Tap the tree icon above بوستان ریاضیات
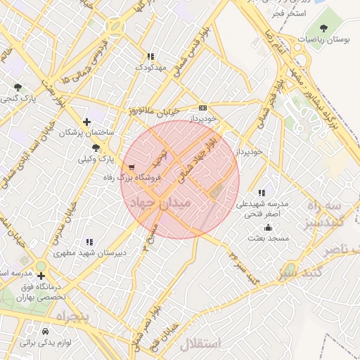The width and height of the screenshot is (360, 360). pyautogui.click(x=324, y=28)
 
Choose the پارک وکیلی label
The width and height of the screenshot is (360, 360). pyautogui.click(x=96, y=160)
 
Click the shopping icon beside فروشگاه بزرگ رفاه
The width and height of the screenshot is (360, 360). pyautogui.click(x=132, y=167)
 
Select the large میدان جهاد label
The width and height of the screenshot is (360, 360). pyautogui.click(x=161, y=205)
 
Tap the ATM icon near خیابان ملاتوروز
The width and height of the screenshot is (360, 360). pyautogui.click(x=202, y=108)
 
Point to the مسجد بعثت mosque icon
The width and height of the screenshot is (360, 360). pyautogui.click(x=268, y=227)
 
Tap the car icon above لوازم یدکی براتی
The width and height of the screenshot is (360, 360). pyautogui.click(x=46, y=331)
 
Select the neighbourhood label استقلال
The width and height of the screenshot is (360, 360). pyautogui.click(x=200, y=344)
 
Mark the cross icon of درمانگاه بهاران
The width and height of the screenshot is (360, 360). pyautogui.click(x=41, y=275)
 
